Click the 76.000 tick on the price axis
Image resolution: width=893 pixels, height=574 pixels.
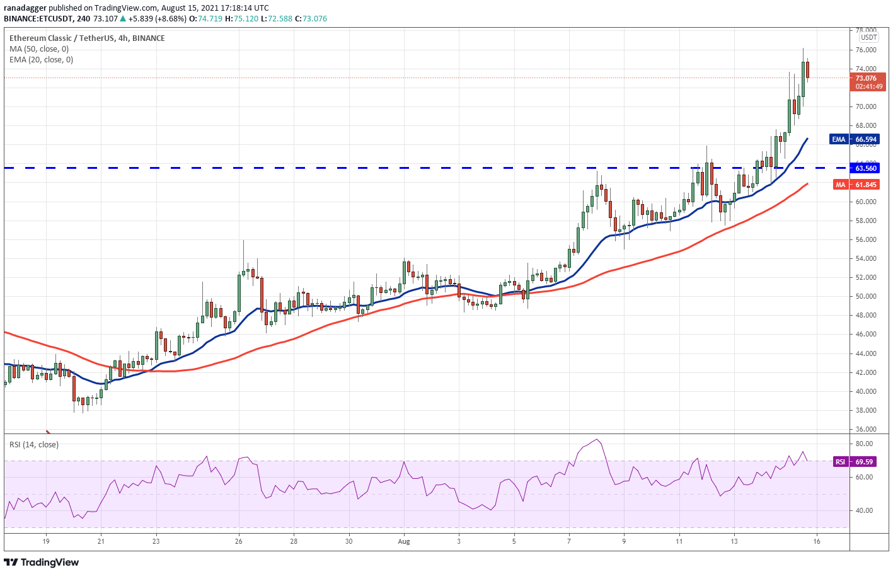pyautogui.click(x=866, y=50)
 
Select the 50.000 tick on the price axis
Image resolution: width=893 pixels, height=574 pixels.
pyautogui.click(x=866, y=296)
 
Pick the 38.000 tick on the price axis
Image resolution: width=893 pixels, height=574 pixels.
pyautogui.click(x=866, y=410)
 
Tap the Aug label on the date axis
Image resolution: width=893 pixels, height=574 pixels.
pyautogui.click(x=404, y=541)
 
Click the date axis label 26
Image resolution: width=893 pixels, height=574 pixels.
pyautogui.click(x=238, y=541)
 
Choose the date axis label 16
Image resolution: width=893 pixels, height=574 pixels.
pyautogui.click(x=816, y=541)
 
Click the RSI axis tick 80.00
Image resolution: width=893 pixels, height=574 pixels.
pyautogui.click(x=864, y=444)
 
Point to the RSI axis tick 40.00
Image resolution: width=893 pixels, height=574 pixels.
pyautogui.click(x=864, y=510)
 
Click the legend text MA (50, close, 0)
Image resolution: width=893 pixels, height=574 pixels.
pyautogui.click(x=39, y=49)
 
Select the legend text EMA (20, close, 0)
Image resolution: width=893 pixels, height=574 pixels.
pyautogui.click(x=41, y=60)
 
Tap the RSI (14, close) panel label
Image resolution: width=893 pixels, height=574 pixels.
pyautogui.click(x=34, y=445)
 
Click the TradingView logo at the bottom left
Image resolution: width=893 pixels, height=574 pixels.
pyautogui.click(x=42, y=562)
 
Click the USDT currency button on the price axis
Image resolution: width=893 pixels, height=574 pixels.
pyautogui.click(x=869, y=38)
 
